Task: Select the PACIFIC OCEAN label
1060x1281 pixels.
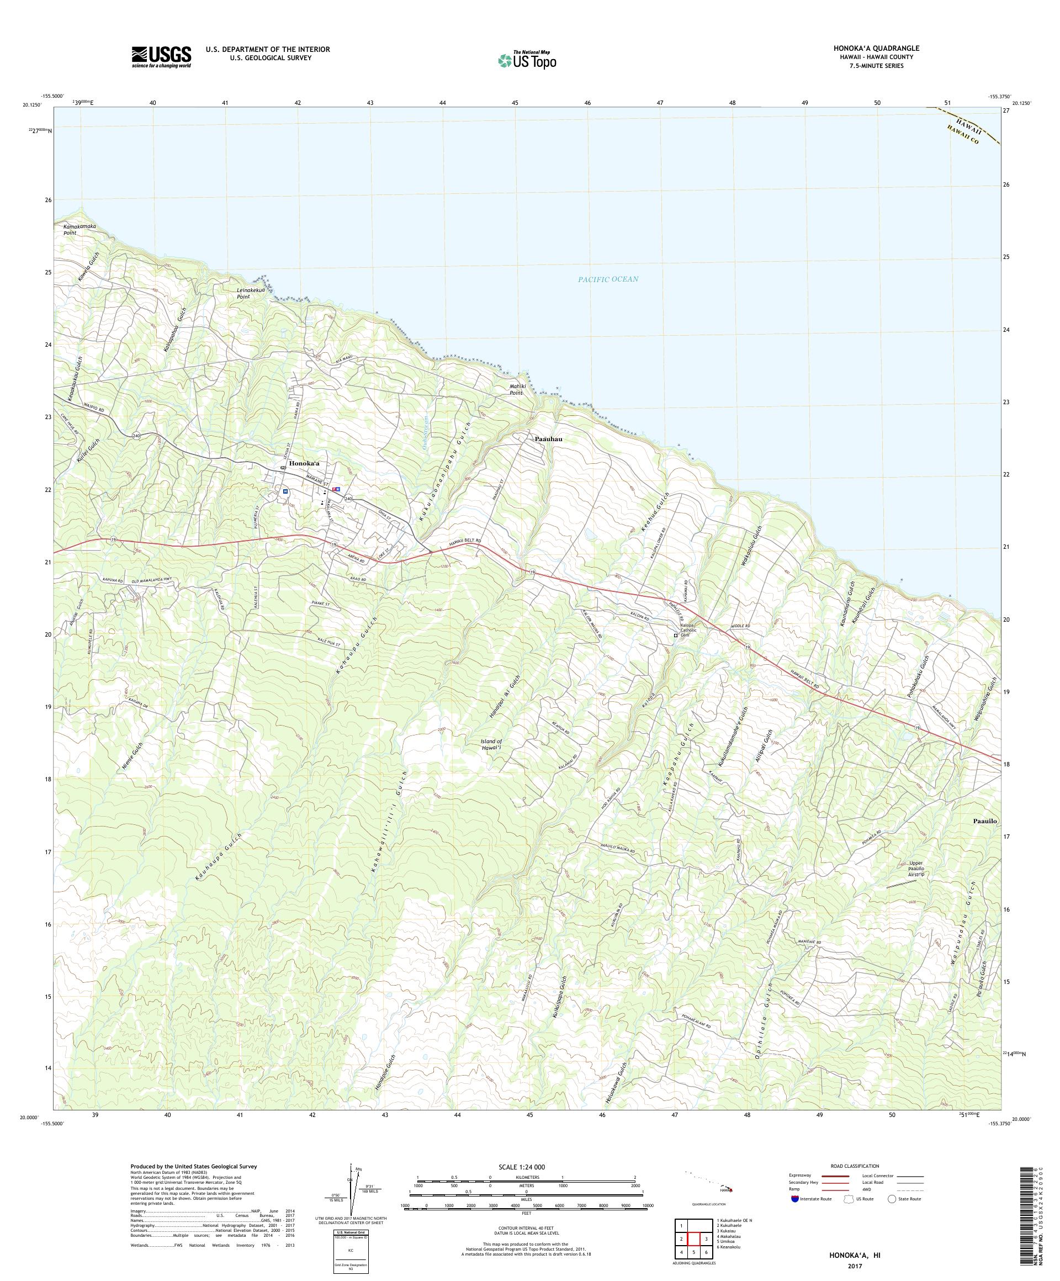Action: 608,279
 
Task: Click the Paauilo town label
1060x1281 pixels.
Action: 984,821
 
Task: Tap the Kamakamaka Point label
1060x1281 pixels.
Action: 80,229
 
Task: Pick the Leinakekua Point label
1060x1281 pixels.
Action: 252,293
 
